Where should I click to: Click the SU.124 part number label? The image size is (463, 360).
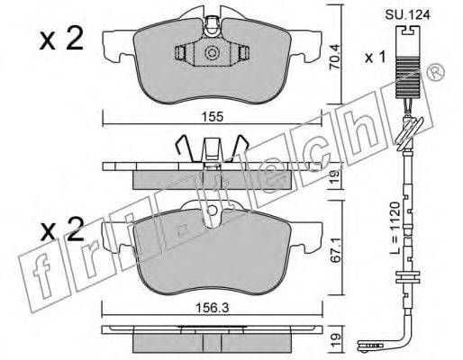pos(407,15)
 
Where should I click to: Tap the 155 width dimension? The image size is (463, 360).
pos(213,116)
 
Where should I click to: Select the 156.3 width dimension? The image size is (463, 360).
pos(213,308)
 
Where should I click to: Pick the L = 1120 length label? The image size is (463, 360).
pos(395,228)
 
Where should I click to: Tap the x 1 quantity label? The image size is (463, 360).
pos(375,57)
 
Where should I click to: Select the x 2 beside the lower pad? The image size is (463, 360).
pos(62,229)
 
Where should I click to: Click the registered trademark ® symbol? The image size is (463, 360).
pos(435,72)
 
